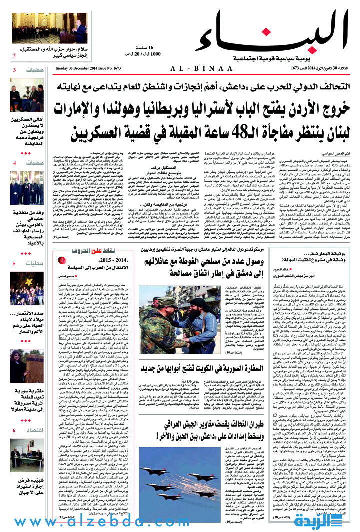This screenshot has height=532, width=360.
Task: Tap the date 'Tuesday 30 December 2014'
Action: coord(76,68)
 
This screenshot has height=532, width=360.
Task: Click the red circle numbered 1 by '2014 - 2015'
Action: coord(62,260)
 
